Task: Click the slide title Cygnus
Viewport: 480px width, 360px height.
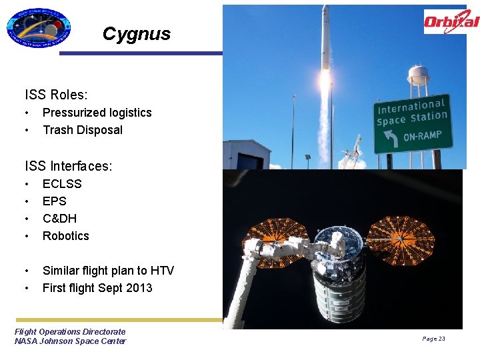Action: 137,34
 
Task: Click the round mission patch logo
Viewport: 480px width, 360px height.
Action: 38,28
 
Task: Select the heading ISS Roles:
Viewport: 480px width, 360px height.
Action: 56,95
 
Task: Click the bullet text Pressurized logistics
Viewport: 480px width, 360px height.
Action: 97,113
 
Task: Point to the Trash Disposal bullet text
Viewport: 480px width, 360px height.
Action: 83,130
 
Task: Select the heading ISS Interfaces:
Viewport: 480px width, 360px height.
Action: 68,166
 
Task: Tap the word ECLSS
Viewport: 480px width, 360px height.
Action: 62,183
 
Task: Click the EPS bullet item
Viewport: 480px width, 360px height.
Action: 55,201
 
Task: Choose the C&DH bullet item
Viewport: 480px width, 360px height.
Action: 59,218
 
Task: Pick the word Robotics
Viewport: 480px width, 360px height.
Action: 65,235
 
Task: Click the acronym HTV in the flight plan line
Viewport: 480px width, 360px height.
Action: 162,270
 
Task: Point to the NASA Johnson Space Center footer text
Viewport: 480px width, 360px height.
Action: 70,341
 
